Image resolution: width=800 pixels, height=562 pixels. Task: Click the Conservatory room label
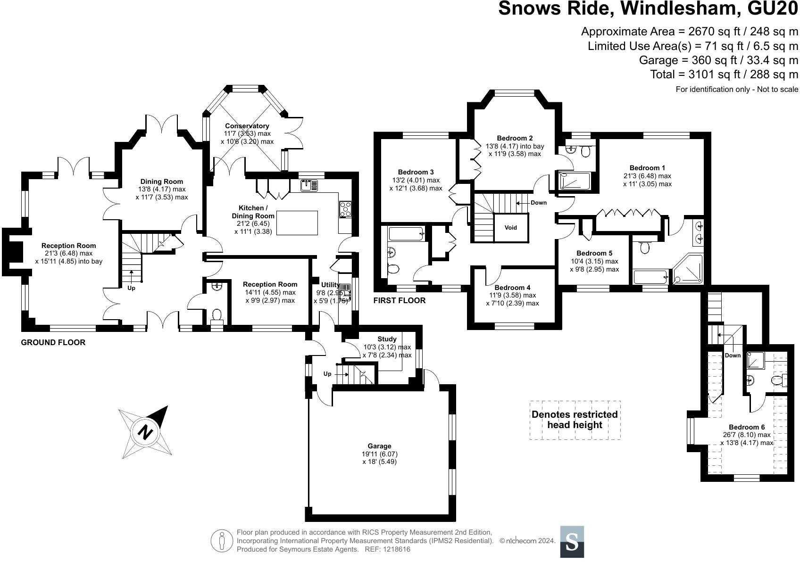247,126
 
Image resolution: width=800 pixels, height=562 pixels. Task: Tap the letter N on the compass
145,432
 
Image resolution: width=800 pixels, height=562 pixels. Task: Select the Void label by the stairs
511,227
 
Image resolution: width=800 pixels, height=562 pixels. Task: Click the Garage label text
379,446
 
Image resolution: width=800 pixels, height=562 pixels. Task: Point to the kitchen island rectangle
297,223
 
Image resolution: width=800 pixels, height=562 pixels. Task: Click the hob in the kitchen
345,209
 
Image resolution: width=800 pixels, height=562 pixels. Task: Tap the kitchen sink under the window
309,185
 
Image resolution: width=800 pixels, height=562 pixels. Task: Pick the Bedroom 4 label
512,288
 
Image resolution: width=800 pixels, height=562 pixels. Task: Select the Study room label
387,339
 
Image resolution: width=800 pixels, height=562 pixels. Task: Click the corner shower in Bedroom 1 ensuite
688,269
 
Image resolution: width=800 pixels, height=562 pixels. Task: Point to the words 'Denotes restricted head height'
575,420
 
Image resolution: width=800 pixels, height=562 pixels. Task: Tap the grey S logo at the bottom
572,542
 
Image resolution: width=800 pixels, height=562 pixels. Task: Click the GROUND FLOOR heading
53,342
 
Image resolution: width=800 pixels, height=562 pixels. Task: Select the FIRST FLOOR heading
399,300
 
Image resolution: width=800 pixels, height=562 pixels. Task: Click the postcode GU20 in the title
773,8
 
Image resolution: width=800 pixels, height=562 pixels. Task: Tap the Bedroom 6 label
747,427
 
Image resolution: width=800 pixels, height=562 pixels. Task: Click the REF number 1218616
396,549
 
